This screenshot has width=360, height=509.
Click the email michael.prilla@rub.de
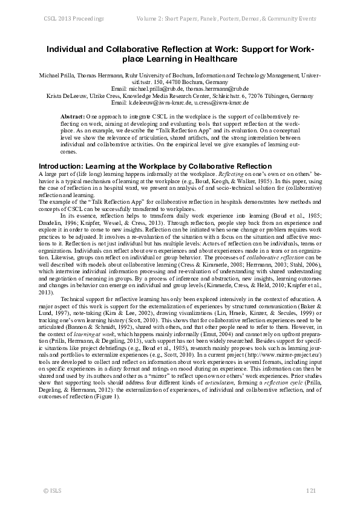tap(159, 89)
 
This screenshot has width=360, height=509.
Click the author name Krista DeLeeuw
tap(67, 96)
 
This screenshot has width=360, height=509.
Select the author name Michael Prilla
tap(54, 75)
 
